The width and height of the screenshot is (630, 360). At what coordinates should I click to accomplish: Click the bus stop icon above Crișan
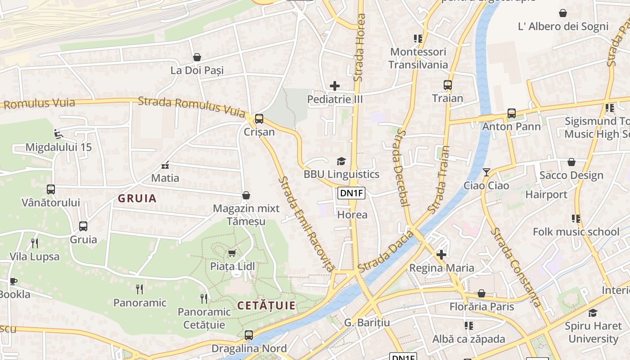pos(259,119)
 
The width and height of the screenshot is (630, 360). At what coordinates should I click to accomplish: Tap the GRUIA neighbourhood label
pos(137,198)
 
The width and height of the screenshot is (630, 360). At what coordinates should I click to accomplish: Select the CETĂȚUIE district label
pos(266,306)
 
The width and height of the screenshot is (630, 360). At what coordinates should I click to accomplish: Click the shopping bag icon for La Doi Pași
pos(197,57)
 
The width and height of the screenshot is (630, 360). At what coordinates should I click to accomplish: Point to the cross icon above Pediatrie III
pos(335,85)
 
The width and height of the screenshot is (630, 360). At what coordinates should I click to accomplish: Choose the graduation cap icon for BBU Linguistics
pos(341,161)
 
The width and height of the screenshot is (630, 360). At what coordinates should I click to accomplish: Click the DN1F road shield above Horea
pos(351,193)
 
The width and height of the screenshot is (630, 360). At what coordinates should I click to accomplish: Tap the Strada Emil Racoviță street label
pos(306,224)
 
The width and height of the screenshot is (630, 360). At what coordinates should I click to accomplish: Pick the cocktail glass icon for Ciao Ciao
pos(486,172)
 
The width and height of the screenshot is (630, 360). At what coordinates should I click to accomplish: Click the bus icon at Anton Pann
pos(511,113)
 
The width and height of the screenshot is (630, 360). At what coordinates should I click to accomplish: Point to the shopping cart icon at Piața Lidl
pos(232,253)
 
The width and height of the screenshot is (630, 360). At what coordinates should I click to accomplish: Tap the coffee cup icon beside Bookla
pos(13,281)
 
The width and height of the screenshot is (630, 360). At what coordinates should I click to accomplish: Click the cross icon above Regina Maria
pos(441,255)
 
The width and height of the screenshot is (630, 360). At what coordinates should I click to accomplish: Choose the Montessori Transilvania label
pos(418,58)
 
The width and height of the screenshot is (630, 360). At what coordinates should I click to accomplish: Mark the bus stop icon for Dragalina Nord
pos(248,335)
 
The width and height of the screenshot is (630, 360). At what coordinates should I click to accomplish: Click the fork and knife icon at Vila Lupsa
pos(35,243)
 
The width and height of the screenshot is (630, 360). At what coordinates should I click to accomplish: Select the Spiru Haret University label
pos(593,332)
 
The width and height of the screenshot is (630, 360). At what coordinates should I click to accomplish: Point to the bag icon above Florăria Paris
pos(481,293)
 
